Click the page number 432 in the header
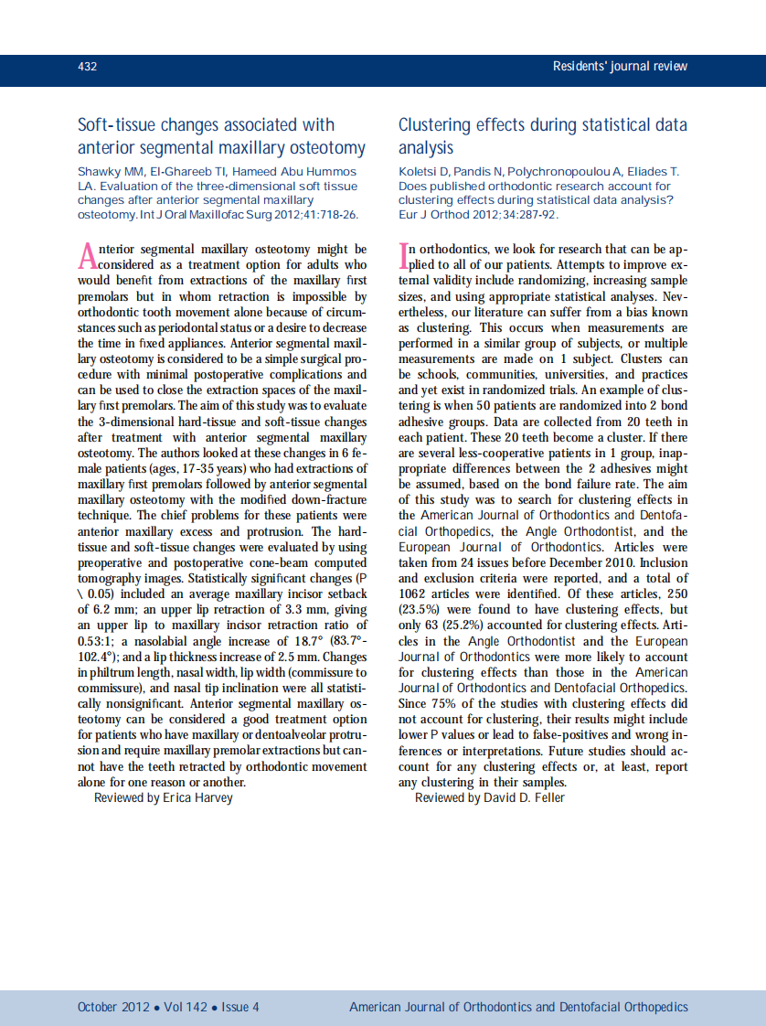click(x=88, y=67)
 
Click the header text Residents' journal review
click(x=620, y=67)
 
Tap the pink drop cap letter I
click(x=403, y=254)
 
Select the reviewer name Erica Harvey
click(x=197, y=797)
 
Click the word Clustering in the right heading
click(x=437, y=125)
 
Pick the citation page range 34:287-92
click(x=524, y=215)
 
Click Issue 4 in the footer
click(x=240, y=1007)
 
